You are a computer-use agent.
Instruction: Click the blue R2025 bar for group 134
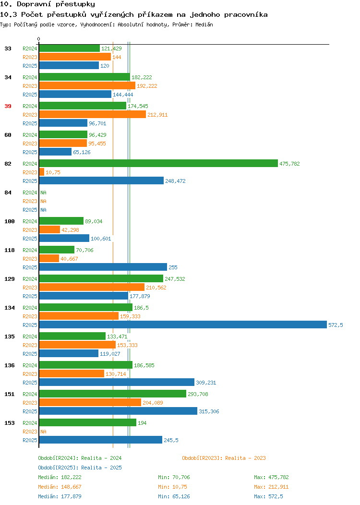coord(183,325)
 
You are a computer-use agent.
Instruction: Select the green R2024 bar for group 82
coord(158,163)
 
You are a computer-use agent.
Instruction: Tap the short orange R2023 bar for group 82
coord(42,172)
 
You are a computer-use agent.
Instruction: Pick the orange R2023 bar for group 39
coord(93,114)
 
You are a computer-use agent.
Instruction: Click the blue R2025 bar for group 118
coord(103,267)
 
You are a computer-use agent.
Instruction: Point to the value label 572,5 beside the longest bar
coord(336,325)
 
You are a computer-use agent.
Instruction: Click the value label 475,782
coord(289,164)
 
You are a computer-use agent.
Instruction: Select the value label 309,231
coord(206,383)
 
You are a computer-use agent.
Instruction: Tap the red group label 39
coord(8,106)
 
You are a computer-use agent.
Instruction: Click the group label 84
coord(8,192)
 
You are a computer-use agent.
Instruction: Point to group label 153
coord(9,423)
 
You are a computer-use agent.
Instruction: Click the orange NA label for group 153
coord(44,432)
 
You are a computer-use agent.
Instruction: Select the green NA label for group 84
coord(44,192)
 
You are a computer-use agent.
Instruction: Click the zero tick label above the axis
coord(39,39)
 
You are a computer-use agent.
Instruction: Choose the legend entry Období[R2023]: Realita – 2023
coord(224,458)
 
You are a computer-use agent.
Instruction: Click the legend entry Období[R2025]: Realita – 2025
coord(80,468)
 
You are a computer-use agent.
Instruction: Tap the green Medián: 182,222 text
coord(60,477)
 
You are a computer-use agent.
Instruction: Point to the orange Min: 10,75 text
coord(172,487)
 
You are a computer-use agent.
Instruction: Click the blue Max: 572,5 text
coord(268,497)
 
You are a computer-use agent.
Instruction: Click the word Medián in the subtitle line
coord(204,24)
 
